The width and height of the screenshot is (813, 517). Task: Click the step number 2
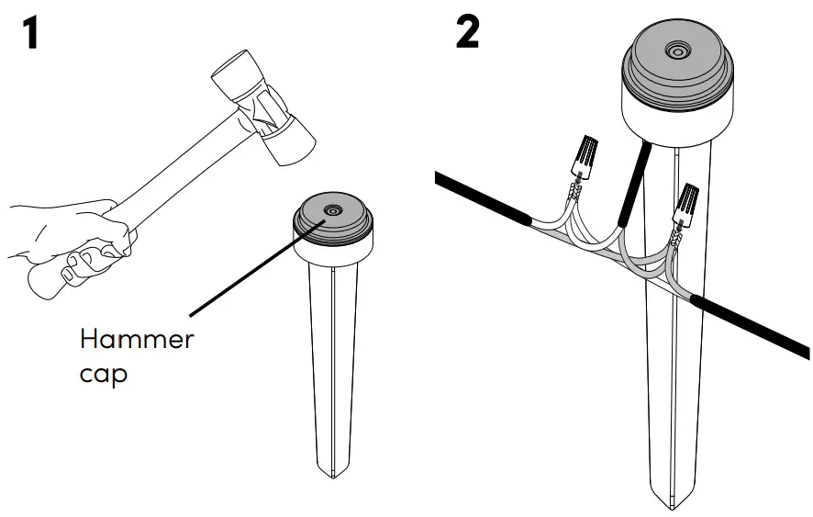point(467,33)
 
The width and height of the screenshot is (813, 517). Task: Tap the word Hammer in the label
point(137,340)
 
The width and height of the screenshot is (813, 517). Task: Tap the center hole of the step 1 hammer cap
point(332,211)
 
